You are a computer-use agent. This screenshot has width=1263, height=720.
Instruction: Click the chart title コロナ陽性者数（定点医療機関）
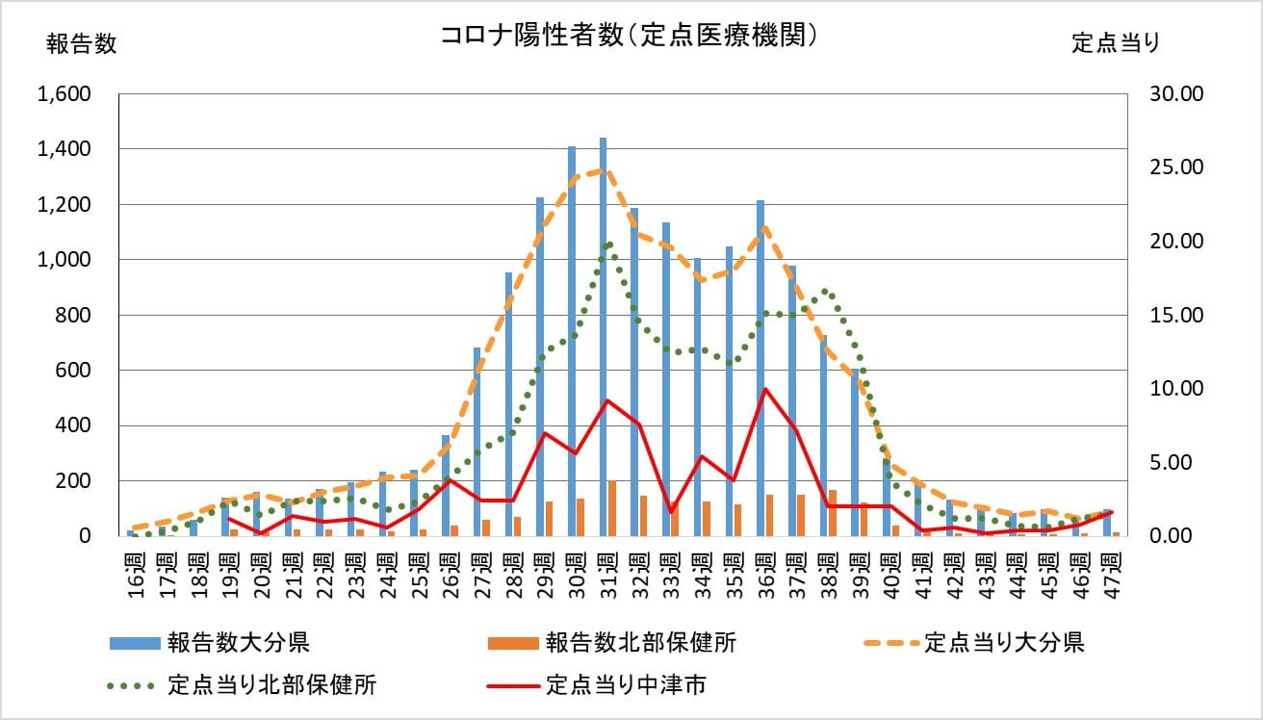630,36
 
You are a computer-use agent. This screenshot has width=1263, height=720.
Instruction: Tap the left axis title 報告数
81,44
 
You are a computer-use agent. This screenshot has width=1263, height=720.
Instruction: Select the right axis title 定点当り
1116,43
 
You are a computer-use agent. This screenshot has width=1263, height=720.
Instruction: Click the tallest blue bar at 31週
604,337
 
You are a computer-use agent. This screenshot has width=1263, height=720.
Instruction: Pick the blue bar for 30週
572,342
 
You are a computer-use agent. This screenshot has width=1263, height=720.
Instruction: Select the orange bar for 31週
612,508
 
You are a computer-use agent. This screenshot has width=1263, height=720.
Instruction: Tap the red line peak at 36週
765,389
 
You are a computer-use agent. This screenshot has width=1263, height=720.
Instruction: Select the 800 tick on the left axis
74,315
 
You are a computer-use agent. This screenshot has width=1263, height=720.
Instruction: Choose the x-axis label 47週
1113,573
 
